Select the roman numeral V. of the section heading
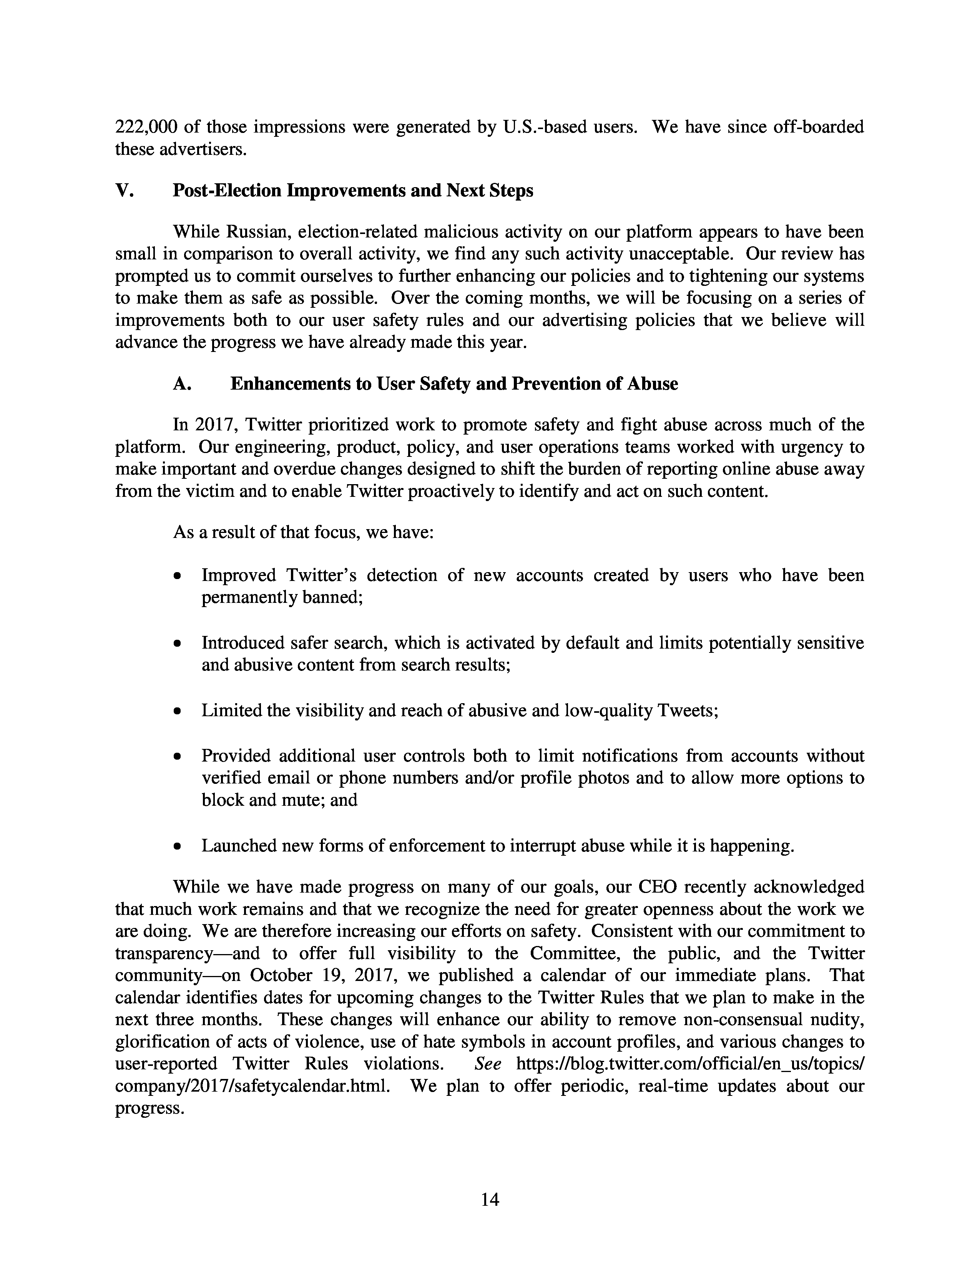[124, 191]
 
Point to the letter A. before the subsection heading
[182, 384]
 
